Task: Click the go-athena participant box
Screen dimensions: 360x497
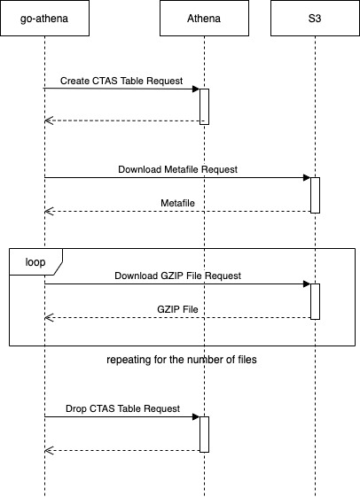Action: coord(44,18)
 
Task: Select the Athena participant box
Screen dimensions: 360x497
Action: coord(204,18)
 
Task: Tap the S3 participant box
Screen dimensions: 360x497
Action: coord(315,18)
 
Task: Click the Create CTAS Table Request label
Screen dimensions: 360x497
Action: coord(121,81)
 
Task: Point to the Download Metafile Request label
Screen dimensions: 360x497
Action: coord(177,169)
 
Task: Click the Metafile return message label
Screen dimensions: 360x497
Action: coord(177,203)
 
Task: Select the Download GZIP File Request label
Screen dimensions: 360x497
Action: coord(177,276)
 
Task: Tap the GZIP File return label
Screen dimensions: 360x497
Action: coord(177,309)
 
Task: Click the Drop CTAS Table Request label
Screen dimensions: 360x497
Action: coord(122,408)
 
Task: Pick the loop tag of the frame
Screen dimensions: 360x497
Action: coord(35,262)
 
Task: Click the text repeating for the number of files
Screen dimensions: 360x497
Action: coord(182,360)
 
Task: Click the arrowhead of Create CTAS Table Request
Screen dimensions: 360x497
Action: coord(196,89)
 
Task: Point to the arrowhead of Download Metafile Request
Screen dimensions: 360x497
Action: coord(307,177)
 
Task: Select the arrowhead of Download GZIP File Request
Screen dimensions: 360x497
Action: coord(307,284)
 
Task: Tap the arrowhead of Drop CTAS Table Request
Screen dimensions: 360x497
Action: coord(196,416)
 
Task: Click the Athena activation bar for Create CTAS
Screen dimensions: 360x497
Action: coord(204,107)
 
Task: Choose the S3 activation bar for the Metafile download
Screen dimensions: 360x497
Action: coord(315,195)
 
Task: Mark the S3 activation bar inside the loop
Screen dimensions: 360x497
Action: coord(315,302)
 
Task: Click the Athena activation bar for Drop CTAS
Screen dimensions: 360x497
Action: coord(204,435)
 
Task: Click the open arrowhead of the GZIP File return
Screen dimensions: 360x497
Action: coord(49,317)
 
